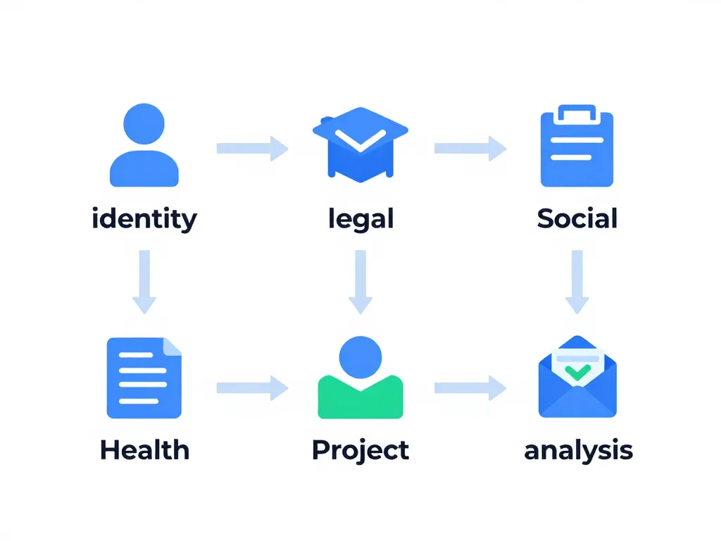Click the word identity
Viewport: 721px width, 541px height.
(144, 219)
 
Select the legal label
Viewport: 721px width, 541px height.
(360, 219)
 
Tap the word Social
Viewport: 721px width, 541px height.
(577, 219)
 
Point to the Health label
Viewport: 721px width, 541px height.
(144, 449)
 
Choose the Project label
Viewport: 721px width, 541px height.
(360, 449)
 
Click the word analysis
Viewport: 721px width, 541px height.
(578, 449)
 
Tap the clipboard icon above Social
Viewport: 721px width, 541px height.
(577, 146)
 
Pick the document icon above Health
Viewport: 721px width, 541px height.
(144, 378)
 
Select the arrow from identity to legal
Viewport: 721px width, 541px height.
(252, 148)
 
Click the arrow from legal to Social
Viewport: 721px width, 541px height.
(470, 148)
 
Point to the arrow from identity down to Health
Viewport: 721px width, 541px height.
(144, 281)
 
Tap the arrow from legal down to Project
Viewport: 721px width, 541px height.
(360, 281)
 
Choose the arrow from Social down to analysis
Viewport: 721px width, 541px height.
(577, 281)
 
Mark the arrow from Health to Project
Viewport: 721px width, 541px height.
(252, 387)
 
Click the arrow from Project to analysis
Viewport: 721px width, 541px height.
(470, 387)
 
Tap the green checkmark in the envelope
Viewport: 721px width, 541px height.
(577, 370)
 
